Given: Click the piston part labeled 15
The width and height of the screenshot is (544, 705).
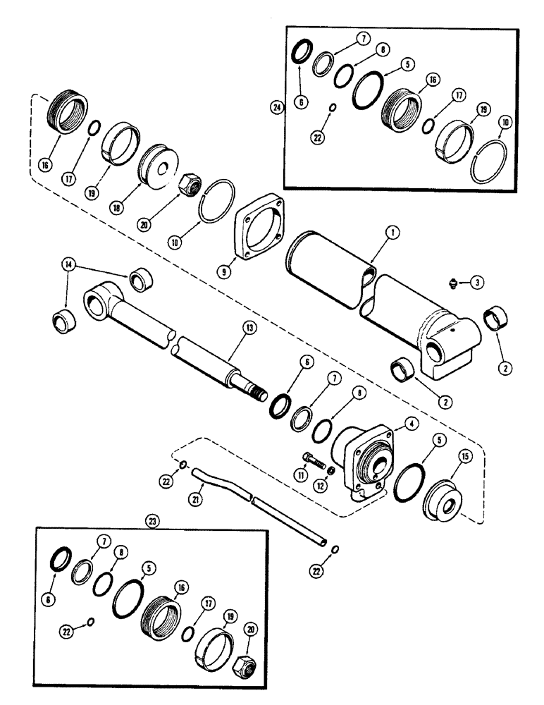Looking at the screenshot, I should coord(442,498).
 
